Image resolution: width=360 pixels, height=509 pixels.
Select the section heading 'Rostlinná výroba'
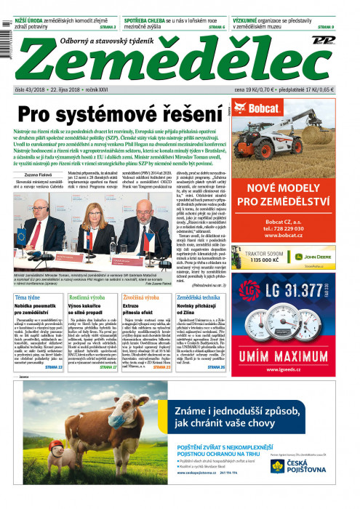(87, 298)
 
